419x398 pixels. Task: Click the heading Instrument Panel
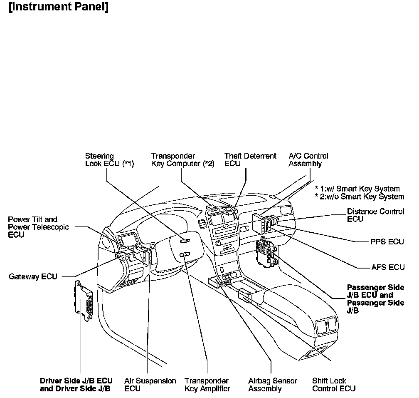coord(59,7)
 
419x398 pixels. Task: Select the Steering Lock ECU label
coord(110,159)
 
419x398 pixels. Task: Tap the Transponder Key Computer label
coord(183,159)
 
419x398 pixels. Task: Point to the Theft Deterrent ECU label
coord(250,159)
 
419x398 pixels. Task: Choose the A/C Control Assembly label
coord(308,159)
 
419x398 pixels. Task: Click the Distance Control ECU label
coord(375,215)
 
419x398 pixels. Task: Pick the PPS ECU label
coord(387,242)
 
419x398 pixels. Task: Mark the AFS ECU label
coord(388,267)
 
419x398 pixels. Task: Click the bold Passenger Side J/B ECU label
coord(375,299)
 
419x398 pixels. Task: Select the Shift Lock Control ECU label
coord(334,385)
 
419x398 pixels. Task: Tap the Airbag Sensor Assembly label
coord(273,385)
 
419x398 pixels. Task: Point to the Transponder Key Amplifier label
coord(207,385)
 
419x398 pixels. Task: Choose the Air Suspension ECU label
coord(150,385)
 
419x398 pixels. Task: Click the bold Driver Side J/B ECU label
coord(76,385)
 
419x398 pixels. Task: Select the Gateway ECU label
coord(33,276)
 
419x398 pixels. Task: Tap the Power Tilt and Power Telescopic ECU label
coord(38,227)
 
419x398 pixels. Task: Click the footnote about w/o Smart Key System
coord(360,197)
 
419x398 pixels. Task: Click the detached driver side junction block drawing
coord(83,300)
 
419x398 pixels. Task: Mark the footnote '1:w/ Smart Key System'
coord(357,189)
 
